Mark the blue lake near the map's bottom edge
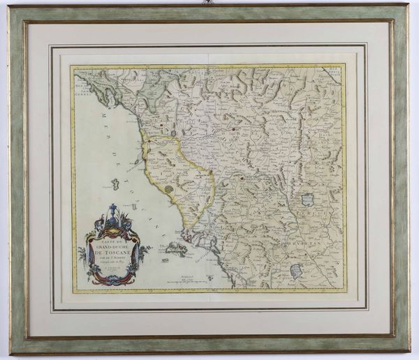pyautogui.click(x=296, y=271)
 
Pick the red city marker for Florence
pyautogui.click(x=231, y=128)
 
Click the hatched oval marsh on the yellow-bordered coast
pyautogui.click(x=168, y=188)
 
